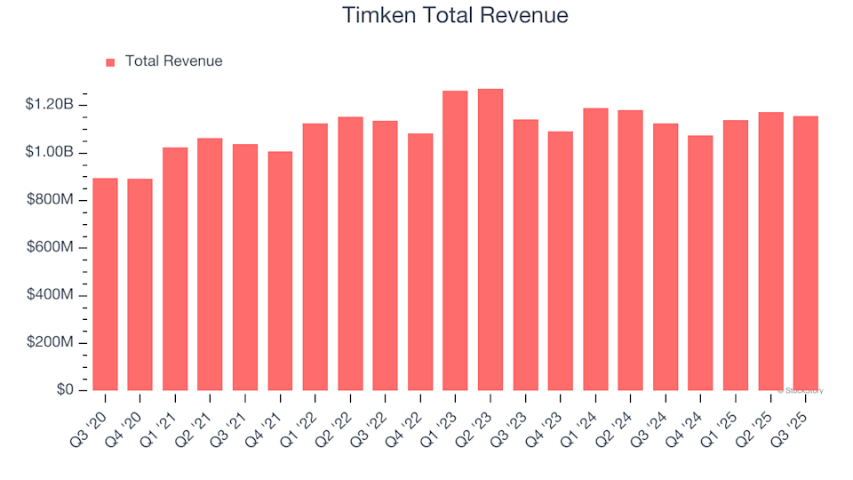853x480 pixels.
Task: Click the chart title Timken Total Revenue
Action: (x=455, y=16)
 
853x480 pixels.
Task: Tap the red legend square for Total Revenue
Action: (x=111, y=62)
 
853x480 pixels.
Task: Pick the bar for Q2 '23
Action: (x=490, y=240)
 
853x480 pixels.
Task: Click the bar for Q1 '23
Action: (x=455, y=241)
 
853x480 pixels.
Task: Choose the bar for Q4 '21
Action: (x=280, y=271)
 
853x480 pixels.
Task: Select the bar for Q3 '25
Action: (x=806, y=253)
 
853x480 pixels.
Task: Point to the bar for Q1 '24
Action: (x=595, y=250)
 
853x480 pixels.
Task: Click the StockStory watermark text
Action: (x=801, y=390)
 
